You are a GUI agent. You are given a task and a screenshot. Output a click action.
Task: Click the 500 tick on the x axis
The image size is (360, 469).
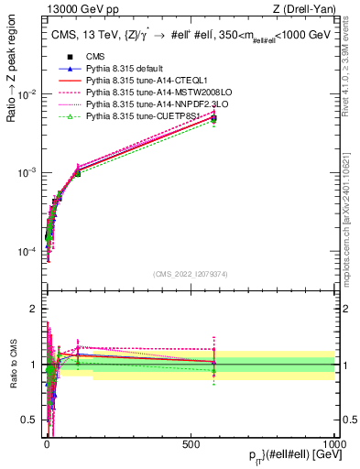(x=191, y=444)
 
